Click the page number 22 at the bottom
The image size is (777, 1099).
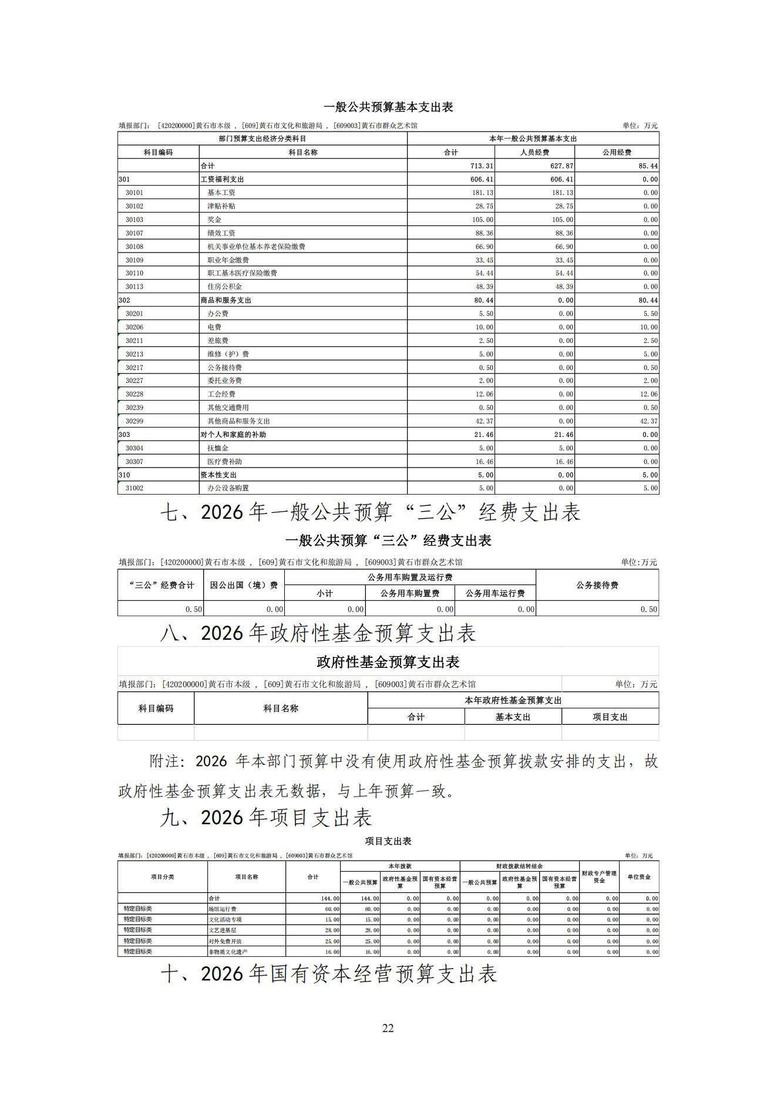click(x=388, y=1027)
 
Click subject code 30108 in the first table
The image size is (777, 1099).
click(x=134, y=247)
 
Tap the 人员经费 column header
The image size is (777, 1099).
click(x=534, y=152)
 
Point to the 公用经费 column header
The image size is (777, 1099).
click(x=617, y=152)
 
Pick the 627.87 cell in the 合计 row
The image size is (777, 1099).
click(x=561, y=166)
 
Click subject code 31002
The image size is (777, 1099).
click(x=134, y=488)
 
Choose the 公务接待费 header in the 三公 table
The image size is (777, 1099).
click(x=597, y=585)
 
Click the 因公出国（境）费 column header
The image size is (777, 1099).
click(x=244, y=585)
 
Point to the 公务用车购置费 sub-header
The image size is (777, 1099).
click(x=409, y=593)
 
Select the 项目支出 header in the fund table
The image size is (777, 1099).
click(x=610, y=717)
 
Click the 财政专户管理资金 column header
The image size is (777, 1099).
click(x=599, y=876)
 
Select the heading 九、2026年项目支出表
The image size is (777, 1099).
click(x=266, y=818)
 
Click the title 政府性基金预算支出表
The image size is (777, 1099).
click(x=388, y=662)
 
